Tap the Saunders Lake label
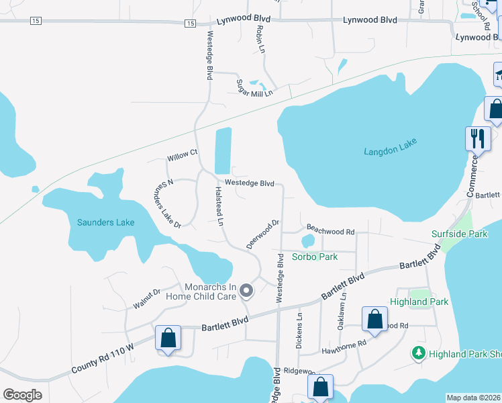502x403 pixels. click(105, 222)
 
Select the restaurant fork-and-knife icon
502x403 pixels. click(477, 138)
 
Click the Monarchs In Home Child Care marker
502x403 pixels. click(246, 291)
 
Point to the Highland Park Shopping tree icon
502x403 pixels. click(418, 353)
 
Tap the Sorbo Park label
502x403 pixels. click(314, 257)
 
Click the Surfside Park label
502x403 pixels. click(459, 234)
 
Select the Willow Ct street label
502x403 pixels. click(183, 154)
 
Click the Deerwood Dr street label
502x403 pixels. click(262, 234)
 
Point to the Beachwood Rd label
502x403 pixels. click(330, 230)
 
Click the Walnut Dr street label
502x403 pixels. click(147, 299)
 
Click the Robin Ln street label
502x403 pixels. click(260, 40)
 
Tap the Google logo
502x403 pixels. click(22, 395)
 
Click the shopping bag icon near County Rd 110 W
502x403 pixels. click(168, 338)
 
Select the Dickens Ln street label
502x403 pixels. click(299, 330)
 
